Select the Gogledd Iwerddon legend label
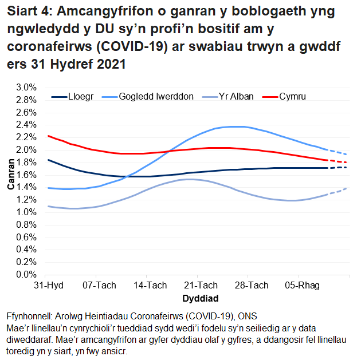click(x=156, y=97)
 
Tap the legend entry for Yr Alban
click(x=234, y=97)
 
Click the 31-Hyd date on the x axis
click(x=48, y=286)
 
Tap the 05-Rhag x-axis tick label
click(x=304, y=286)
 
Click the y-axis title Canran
click(x=10, y=181)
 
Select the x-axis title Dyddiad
click(x=200, y=298)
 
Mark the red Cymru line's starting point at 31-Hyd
click(x=48, y=136)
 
